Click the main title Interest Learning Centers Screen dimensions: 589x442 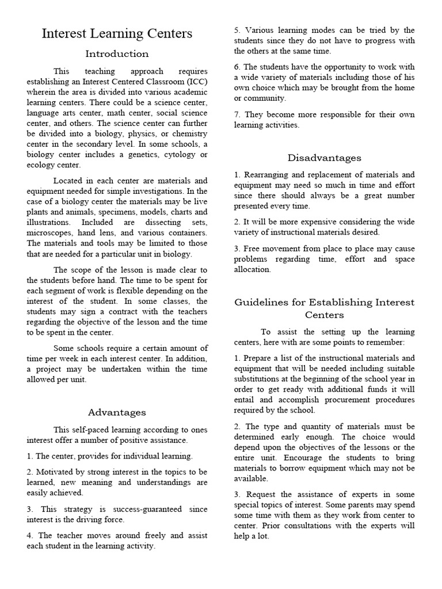click(117, 34)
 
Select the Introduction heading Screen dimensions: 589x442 click(117, 54)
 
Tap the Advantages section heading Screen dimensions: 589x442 click(117, 412)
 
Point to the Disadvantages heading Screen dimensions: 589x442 click(325, 158)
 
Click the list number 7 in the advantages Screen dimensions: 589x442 click(237, 114)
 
